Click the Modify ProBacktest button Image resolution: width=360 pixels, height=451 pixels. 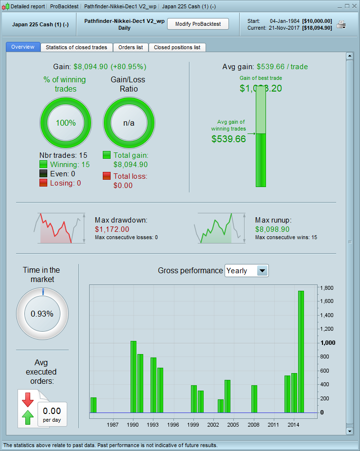[x=198, y=24]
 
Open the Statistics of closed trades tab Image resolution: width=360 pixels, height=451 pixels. [x=76, y=47]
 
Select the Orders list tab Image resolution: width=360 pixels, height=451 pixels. [x=131, y=47]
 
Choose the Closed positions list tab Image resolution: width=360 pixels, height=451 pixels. [x=177, y=47]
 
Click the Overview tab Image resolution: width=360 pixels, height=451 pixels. [x=23, y=47]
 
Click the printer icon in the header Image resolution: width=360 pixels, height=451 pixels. [x=341, y=24]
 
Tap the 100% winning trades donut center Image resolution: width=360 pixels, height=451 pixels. [x=66, y=123]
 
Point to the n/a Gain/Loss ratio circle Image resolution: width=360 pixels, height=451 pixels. [x=129, y=123]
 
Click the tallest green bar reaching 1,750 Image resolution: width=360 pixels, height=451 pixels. [x=301, y=351]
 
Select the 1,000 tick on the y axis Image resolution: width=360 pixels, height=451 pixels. [x=327, y=343]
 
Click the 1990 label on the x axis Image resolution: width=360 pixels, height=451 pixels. [x=133, y=425]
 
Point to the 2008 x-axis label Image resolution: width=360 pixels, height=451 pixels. [x=253, y=425]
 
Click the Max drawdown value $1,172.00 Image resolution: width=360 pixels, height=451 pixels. [x=112, y=229]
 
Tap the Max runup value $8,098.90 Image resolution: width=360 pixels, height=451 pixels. [x=272, y=229]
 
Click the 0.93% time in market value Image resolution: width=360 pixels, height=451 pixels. [x=42, y=314]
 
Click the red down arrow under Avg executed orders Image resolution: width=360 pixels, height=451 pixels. [x=27, y=398]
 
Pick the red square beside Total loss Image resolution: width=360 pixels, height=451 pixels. [x=107, y=176]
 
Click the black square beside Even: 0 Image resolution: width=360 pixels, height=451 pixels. [x=43, y=174]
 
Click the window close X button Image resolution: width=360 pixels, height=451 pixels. [x=354, y=6]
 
